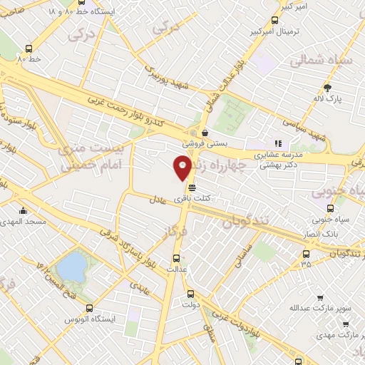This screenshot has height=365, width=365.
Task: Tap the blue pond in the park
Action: click(x=71, y=267)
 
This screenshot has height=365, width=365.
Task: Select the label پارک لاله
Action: click(x=329, y=101)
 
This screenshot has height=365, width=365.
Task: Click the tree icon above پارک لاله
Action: click(x=328, y=88)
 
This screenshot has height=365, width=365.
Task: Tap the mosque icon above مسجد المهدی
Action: click(x=24, y=210)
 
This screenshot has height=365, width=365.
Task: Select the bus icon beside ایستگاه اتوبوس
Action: click(x=89, y=308)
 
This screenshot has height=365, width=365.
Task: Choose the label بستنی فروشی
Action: click(x=207, y=143)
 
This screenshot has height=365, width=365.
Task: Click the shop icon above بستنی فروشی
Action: click(x=205, y=132)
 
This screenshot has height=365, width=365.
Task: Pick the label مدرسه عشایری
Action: click(x=279, y=154)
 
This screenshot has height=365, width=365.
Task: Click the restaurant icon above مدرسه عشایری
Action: click(x=279, y=143)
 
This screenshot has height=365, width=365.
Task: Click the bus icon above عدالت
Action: click(x=177, y=257)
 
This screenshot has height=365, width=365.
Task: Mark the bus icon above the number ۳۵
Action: click(x=307, y=253)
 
